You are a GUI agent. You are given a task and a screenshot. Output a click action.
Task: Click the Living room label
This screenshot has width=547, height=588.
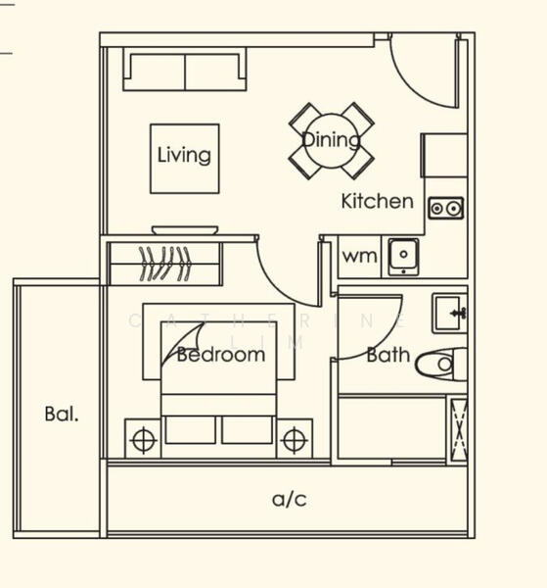tap(184, 155)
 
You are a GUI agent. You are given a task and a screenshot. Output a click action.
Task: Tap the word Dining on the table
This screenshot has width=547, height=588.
tap(331, 140)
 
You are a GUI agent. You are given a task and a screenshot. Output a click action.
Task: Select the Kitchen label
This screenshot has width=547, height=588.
tap(377, 202)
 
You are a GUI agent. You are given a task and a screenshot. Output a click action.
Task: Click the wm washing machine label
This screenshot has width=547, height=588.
tap(359, 257)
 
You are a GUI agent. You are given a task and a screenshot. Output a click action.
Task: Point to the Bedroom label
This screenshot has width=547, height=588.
tap(221, 355)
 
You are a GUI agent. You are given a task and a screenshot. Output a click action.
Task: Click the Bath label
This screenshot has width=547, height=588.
tap(387, 355)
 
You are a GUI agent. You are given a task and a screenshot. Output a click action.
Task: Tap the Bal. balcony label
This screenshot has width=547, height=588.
tap(62, 414)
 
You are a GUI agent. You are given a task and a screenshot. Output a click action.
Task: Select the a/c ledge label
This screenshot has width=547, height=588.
tap(290, 500)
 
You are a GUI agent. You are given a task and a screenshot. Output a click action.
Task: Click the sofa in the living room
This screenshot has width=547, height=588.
tap(184, 71)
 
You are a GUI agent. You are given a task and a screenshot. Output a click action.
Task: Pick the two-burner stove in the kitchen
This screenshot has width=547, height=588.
tap(446, 208)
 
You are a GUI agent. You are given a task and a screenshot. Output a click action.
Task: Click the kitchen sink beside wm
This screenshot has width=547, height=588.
tap(403, 256)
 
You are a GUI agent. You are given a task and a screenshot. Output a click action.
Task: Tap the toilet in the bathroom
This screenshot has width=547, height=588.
tap(437, 365)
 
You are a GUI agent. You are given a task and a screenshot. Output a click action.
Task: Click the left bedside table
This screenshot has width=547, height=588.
tap(143, 439)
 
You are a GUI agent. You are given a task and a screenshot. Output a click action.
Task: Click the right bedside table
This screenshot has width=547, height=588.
tap(294, 439)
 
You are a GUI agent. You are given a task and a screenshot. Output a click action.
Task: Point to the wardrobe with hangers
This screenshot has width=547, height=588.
tap(164, 264)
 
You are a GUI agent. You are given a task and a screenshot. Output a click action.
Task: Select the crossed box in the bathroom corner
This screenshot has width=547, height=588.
tap(457, 429)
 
